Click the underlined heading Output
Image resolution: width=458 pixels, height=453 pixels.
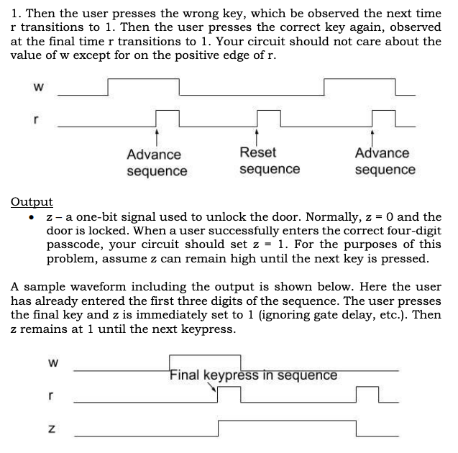click(x=32, y=202)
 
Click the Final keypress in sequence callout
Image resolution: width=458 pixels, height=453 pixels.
click(x=253, y=375)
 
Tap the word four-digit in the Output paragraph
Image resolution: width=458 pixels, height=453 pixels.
click(x=410, y=230)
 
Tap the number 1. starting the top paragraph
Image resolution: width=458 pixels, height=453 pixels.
click(x=17, y=13)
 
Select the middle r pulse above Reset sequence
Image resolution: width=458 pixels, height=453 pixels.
click(x=267, y=117)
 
